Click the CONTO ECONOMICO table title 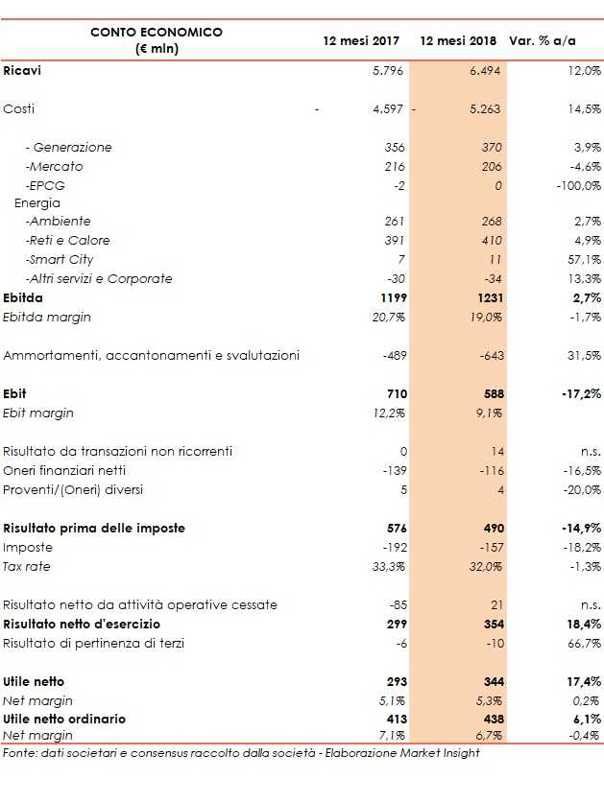tap(156, 33)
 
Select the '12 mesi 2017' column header tap(361, 40)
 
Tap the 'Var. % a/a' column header tap(542, 40)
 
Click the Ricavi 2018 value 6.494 tap(484, 71)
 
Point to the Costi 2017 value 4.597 tap(389, 109)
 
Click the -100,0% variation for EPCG tap(578, 186)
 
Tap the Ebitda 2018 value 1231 tap(489, 298)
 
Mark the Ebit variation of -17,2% tap(580, 394)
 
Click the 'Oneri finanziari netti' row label tap(64, 471)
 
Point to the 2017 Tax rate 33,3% tap(389, 567)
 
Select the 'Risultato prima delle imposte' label tap(94, 529)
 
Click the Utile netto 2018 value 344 tap(491, 681)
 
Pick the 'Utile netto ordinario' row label tap(64, 719)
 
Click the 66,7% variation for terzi tap(583, 644)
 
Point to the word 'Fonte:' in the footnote tap(20, 753)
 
